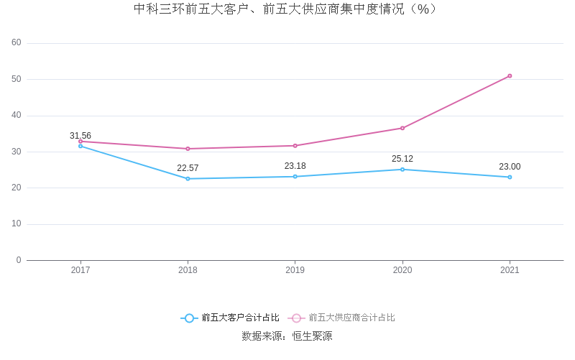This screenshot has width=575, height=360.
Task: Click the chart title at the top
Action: pos(286,9)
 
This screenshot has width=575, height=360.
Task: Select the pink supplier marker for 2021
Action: pos(510,76)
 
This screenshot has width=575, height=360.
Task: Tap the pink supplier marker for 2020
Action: pos(402,128)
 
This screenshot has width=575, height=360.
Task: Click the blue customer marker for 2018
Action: pos(188,179)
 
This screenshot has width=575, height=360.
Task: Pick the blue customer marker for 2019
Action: pos(295,177)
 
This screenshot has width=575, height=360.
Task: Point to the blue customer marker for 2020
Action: pos(402,170)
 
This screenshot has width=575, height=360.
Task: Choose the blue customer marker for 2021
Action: pos(510,177)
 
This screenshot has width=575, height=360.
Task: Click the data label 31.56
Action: pos(80,136)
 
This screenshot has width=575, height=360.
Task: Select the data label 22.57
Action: pos(188,168)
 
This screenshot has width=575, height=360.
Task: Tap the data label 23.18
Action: pos(295,166)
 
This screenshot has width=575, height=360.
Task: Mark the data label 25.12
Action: pos(402,159)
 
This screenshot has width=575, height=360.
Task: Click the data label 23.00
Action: pos(510,167)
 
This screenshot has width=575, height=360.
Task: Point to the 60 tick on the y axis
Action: pos(17,43)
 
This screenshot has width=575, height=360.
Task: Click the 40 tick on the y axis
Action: pos(17,116)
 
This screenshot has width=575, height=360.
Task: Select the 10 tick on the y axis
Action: pos(17,224)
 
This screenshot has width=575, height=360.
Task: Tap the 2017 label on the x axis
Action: pos(80,270)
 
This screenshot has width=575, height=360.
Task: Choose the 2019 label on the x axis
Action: pos(295,270)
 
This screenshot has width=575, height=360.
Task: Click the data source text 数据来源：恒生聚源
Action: pos(287,336)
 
